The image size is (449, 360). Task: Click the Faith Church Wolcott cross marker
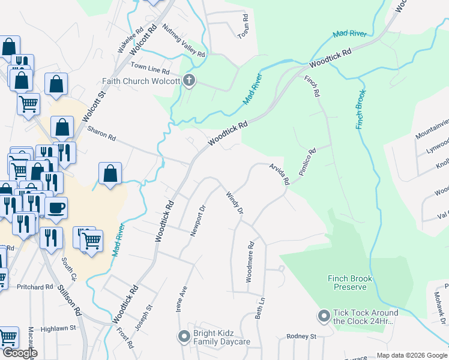click(x=189, y=81)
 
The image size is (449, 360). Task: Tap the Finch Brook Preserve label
click(x=350, y=283)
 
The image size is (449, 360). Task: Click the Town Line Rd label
click(x=147, y=66)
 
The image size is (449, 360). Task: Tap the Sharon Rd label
click(x=101, y=133)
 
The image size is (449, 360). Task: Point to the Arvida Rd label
click(x=279, y=173)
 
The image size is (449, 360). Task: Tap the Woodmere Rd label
click(x=250, y=262)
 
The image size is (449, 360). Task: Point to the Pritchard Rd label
click(x=35, y=287)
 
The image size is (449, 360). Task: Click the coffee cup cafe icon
click(x=56, y=208)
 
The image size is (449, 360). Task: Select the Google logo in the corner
click(x=20, y=353)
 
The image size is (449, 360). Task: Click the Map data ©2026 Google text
click(x=411, y=355)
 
